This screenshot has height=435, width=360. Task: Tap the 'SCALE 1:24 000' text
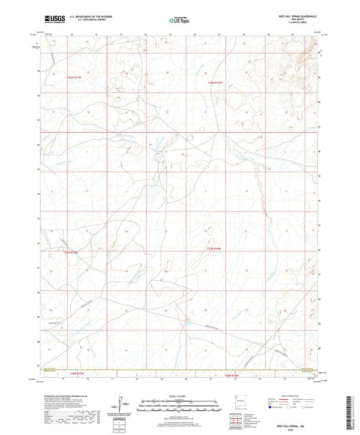180,396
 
